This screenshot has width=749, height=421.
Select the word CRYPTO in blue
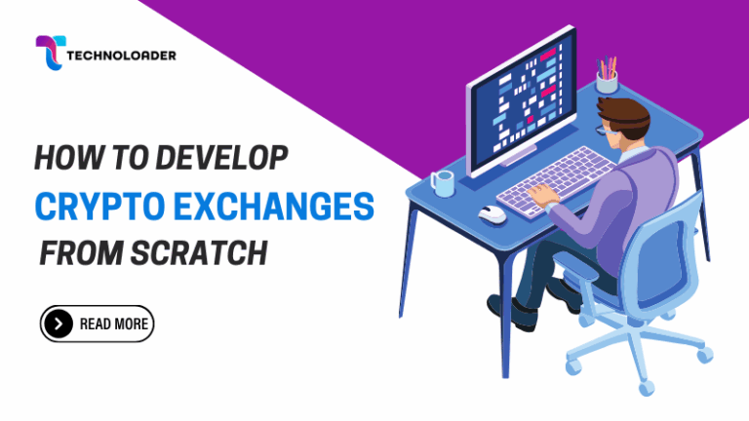point(97,206)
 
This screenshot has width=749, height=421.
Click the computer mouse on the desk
point(493,213)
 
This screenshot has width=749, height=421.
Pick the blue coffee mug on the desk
point(443,182)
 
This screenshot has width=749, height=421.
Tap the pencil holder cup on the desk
point(607,82)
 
